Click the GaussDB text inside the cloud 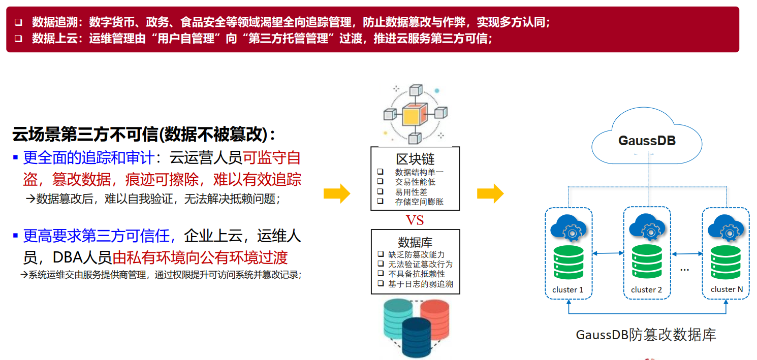point(647,141)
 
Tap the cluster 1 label point(568,290)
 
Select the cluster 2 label point(646,290)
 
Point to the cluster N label point(727,289)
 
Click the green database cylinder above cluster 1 point(569,263)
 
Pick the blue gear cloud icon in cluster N point(726,228)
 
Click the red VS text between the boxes point(415,220)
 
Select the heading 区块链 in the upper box point(415,159)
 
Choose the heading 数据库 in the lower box point(415,242)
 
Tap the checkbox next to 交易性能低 point(380,181)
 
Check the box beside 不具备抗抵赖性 point(381,273)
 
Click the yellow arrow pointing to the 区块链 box point(337,193)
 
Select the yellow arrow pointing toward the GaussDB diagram point(490,193)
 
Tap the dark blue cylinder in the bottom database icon point(417,337)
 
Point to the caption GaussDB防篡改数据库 point(646,335)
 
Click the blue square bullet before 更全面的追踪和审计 point(15,157)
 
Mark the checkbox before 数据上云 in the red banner point(18,38)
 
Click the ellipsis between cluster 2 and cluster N point(685,270)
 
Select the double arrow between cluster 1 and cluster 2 point(608,253)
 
